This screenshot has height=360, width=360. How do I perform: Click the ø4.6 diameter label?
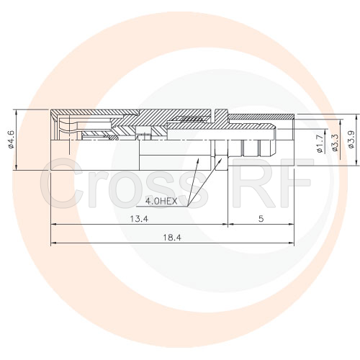[12, 139]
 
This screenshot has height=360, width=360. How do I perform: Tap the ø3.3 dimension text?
[335, 142]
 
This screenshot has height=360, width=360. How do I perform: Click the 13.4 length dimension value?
[138, 218]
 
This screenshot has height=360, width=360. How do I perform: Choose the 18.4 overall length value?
[171, 237]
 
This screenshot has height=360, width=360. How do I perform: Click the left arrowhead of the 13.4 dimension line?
[53, 225]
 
